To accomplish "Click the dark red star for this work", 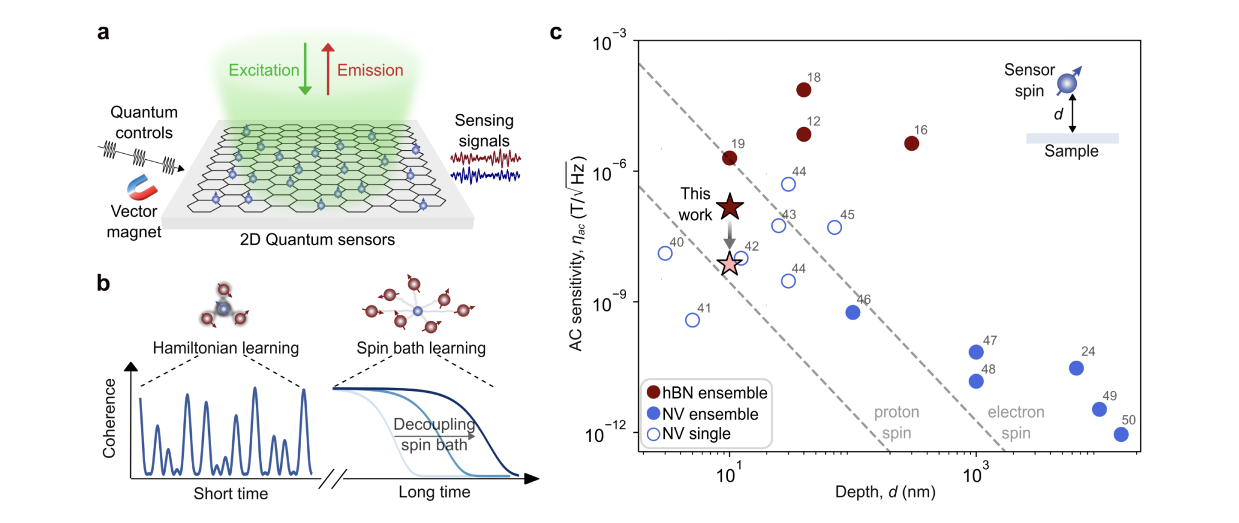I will click(x=730, y=208).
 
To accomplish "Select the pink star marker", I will click(x=730, y=263).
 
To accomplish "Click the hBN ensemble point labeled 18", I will click(x=803, y=90).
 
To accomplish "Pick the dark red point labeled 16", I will click(x=912, y=143).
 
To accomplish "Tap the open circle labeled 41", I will click(x=693, y=320).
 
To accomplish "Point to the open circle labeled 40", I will click(x=665, y=253).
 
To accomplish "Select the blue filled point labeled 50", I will click(x=1121, y=434).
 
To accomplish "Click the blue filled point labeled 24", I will click(x=1076, y=368).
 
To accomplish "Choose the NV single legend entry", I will click(x=689, y=434).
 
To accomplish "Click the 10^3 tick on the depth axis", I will click(x=976, y=474).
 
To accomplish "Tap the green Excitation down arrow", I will click(x=305, y=70).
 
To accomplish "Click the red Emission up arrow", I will click(x=328, y=70).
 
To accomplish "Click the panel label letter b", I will click(x=103, y=283).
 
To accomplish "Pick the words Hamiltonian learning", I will click(x=226, y=348).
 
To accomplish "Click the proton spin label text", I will click(x=896, y=423).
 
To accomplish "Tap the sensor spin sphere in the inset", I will click(x=1067, y=83).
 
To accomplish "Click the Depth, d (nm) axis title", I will click(x=885, y=492).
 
